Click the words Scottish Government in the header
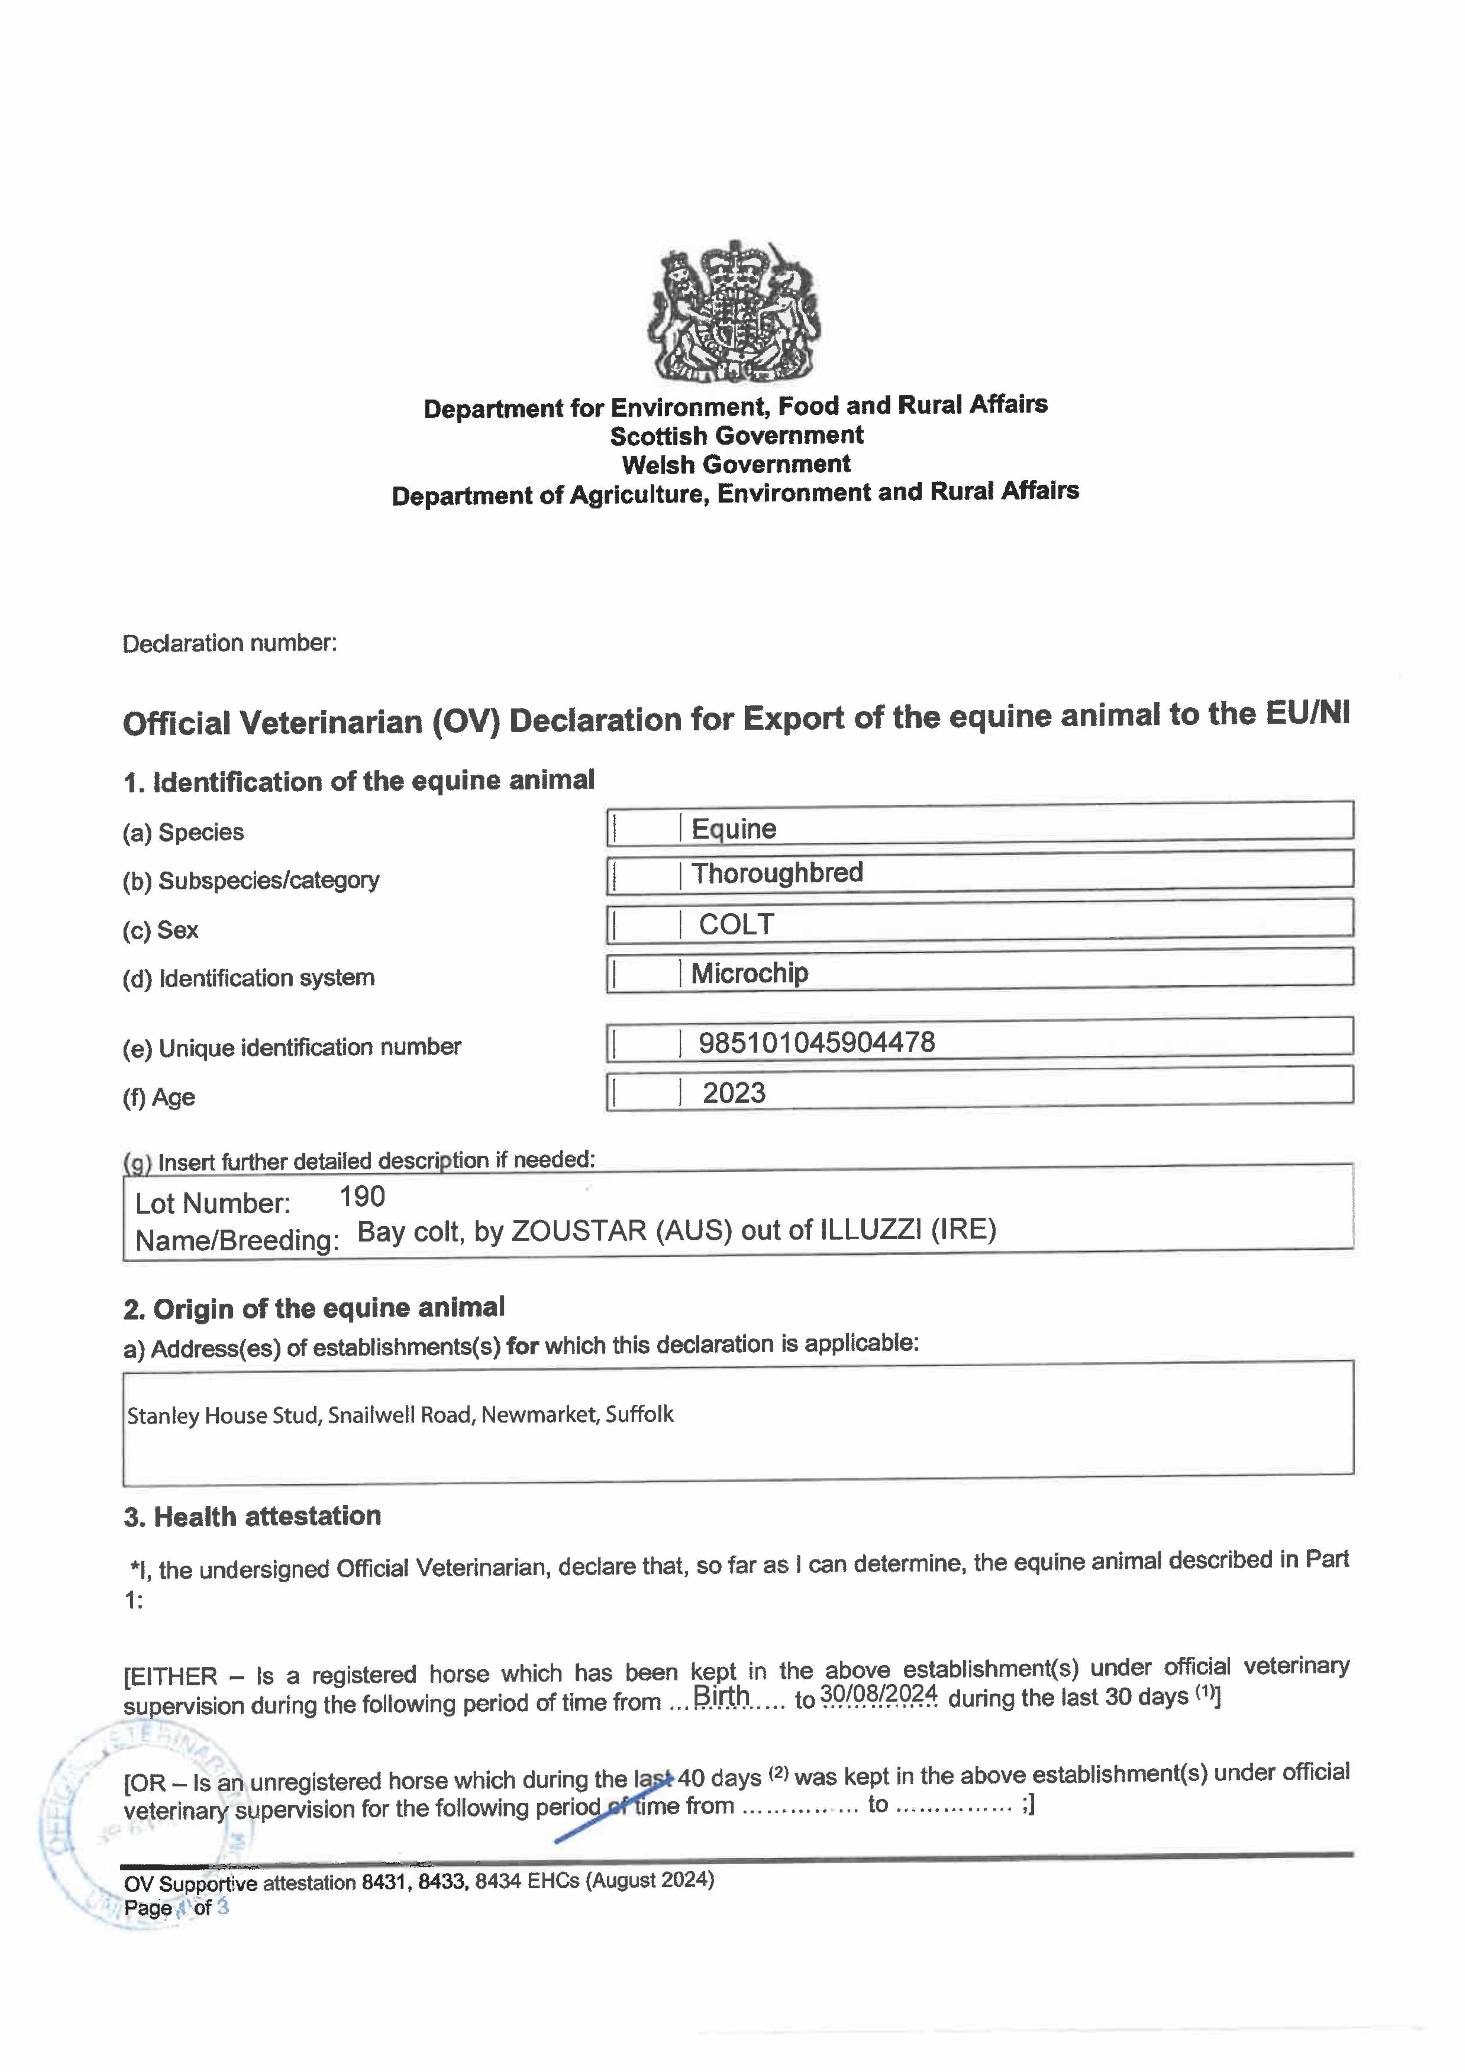(736, 436)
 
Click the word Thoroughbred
(777, 873)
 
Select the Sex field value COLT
(736, 924)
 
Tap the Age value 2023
(734, 1093)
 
